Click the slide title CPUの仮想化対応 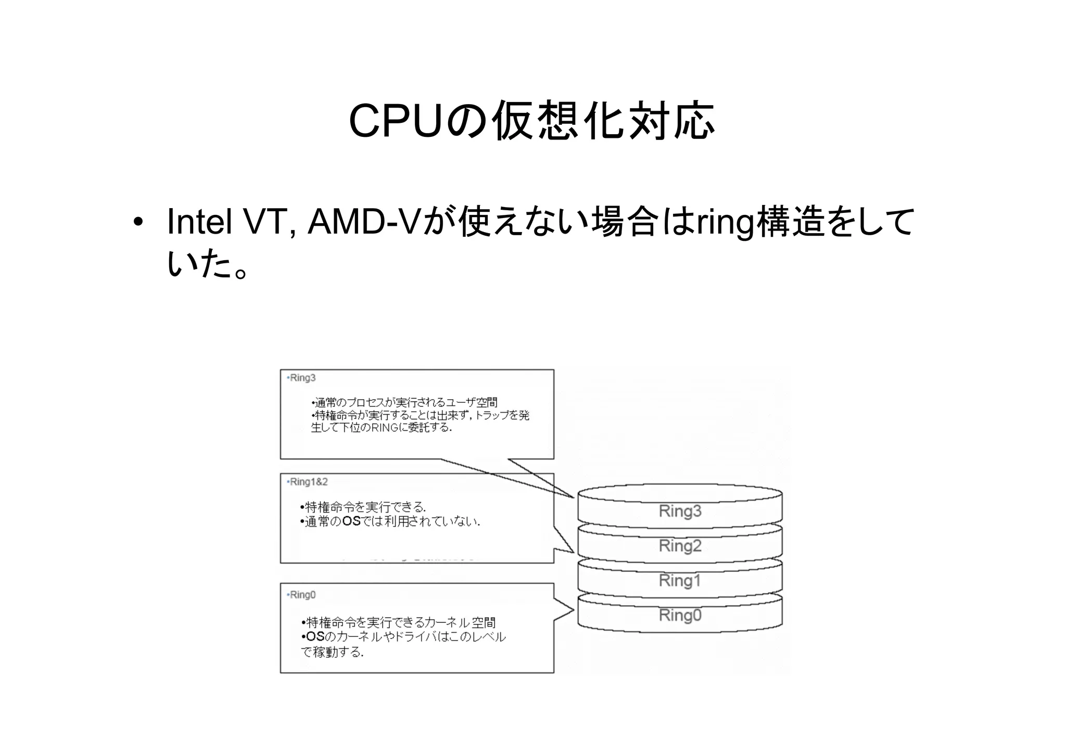[x=531, y=121]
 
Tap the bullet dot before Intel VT [x=137, y=223]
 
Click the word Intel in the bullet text [x=199, y=222]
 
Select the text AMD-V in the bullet [x=364, y=222]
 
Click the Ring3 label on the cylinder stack [x=680, y=511]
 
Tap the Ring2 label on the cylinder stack [x=680, y=546]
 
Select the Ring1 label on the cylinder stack [x=680, y=580]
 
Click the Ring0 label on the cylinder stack [x=680, y=615]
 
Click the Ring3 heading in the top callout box [x=302, y=378]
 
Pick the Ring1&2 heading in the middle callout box [x=309, y=482]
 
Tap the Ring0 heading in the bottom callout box [x=302, y=595]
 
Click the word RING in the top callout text [x=385, y=428]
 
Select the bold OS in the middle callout [x=351, y=521]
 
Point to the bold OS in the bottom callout [x=315, y=637]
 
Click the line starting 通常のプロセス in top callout [x=405, y=402]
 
